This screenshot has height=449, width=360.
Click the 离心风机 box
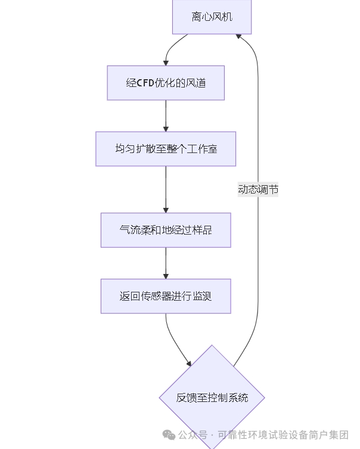tap(212, 17)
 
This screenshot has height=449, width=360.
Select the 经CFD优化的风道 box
tap(166, 83)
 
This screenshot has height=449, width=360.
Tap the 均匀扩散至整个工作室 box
tap(166, 149)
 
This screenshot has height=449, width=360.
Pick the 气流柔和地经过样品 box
tap(166, 230)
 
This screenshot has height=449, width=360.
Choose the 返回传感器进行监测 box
tap(166, 296)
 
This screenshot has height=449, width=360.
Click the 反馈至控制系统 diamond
tap(212, 397)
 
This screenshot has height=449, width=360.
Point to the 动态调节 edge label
tap(258, 189)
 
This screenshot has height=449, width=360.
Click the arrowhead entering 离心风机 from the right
tap(239, 36)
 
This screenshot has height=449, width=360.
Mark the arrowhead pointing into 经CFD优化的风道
tap(166, 63)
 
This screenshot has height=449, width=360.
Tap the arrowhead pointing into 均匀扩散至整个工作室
tap(166, 129)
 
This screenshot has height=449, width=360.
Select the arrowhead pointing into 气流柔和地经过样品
tap(166, 210)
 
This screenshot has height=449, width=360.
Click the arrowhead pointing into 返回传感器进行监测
tap(166, 276)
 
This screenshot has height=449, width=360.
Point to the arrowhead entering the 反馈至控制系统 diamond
tap(189, 363)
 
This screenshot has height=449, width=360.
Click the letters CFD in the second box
tap(146, 83)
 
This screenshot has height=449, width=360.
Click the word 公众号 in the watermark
tap(193, 435)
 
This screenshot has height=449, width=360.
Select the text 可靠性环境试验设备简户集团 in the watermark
tap(283, 435)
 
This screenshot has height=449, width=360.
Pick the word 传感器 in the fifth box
tap(157, 296)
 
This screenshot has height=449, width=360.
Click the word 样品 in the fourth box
tap(203, 230)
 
